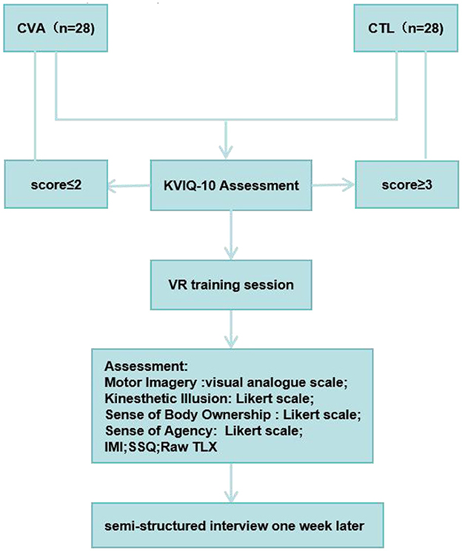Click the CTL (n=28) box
pos(406,30)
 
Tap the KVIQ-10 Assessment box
pos(232,184)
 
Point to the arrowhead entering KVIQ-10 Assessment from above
pos(232,151)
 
